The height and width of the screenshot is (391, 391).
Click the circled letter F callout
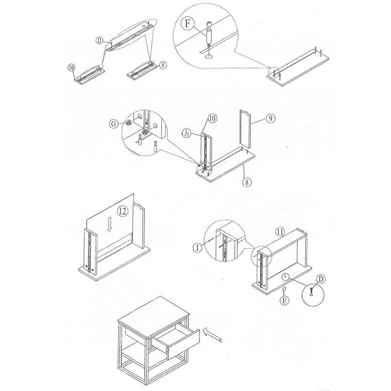point(189,23)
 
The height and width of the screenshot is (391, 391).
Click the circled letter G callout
point(114,124)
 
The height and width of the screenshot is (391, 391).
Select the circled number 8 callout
point(247,182)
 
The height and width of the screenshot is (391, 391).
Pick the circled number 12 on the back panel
point(123,212)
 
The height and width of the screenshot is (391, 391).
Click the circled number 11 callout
point(280,232)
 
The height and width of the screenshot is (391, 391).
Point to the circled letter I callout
point(198,248)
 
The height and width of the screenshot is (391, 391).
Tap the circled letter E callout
point(284,300)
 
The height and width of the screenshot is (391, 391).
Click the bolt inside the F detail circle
point(209,34)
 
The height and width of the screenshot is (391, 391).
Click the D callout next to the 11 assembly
point(321,279)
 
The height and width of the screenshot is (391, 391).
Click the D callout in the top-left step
point(100,40)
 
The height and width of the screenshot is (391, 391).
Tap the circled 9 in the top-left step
point(163,65)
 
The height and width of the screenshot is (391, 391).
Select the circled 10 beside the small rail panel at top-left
point(71,67)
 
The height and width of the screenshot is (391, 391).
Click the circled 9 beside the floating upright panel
point(271,118)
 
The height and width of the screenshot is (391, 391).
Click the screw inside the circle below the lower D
point(311,290)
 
